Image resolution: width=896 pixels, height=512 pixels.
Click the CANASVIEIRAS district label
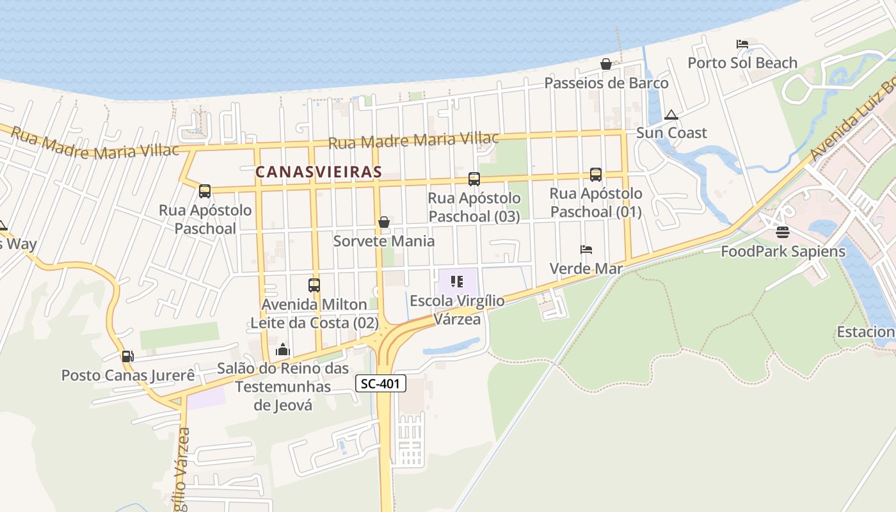click(x=319, y=172)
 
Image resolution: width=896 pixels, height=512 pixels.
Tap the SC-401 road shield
click(x=381, y=383)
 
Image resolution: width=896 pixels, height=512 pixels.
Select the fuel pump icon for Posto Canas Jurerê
click(x=127, y=356)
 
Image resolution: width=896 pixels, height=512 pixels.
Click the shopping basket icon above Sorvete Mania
click(x=384, y=222)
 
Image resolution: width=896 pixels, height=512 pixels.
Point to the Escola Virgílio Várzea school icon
click(x=457, y=281)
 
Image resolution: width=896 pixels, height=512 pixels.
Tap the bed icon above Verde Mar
click(x=586, y=249)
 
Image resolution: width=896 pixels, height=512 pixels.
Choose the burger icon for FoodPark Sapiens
click(x=783, y=232)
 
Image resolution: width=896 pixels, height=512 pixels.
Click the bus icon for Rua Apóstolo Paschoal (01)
click(x=596, y=174)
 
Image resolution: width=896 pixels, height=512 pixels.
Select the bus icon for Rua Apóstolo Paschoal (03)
click(x=474, y=179)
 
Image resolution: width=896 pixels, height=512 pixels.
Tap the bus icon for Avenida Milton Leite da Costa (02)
click(x=314, y=285)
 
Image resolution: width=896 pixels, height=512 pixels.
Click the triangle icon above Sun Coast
click(x=671, y=115)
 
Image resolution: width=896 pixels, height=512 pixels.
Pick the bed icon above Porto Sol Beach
click(x=742, y=44)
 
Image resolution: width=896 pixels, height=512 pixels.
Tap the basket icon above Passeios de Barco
click(x=605, y=64)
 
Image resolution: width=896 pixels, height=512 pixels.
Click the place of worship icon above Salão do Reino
click(x=283, y=349)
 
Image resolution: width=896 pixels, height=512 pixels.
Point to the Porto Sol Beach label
click(x=742, y=63)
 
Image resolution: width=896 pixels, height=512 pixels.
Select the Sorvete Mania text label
click(x=384, y=241)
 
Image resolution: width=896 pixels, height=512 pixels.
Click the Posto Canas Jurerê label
click(x=128, y=375)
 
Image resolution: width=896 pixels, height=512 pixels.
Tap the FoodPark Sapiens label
click(x=783, y=252)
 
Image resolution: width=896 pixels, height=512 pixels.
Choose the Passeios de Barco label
click(x=606, y=83)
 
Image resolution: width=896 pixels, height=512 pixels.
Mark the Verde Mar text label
click(x=586, y=269)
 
